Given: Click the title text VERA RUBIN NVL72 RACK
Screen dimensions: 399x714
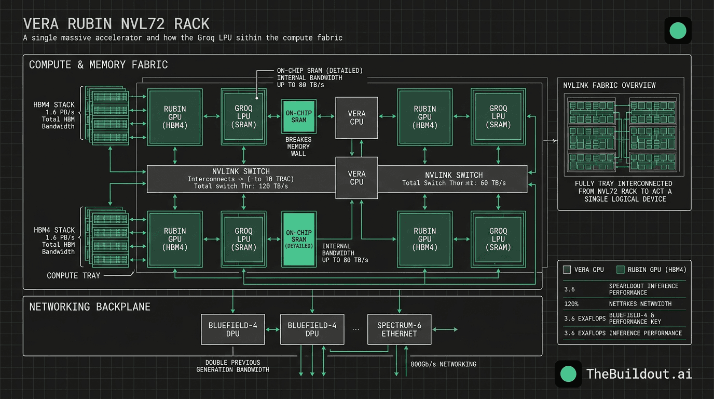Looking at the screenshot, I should click(x=117, y=24).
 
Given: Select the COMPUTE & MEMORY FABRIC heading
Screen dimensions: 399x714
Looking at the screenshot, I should click(x=99, y=65).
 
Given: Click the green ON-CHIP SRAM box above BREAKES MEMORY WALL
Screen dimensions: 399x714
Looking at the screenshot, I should click(x=299, y=117).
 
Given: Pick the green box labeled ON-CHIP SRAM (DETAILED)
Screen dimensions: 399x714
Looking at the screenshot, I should click(x=299, y=239).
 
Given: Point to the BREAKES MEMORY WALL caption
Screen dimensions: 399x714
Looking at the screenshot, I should click(x=298, y=147).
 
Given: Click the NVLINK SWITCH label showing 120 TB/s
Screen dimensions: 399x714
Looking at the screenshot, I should click(x=241, y=178).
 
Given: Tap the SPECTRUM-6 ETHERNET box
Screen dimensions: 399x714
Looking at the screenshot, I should click(x=399, y=329).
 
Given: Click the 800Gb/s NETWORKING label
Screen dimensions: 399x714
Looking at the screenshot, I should click(x=443, y=364).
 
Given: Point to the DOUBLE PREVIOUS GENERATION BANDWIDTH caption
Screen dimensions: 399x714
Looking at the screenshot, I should click(x=232, y=366).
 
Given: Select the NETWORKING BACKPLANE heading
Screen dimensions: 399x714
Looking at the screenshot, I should click(x=90, y=307).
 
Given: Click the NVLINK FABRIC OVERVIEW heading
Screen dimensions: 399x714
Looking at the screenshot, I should click(x=609, y=85).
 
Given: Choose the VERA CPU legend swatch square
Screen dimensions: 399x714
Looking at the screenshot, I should click(x=567, y=270).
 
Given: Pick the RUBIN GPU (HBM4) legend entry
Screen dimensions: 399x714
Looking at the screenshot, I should click(x=651, y=270).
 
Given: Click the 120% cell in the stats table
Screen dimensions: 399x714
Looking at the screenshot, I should click(x=572, y=304).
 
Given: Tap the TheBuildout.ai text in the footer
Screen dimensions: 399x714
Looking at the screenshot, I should click(x=639, y=374).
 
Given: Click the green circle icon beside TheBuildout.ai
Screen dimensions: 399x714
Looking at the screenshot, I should click(x=568, y=374).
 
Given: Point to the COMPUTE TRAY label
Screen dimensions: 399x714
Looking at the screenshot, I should click(x=73, y=275).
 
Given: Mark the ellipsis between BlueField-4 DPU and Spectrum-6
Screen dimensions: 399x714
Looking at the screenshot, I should click(x=355, y=329).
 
